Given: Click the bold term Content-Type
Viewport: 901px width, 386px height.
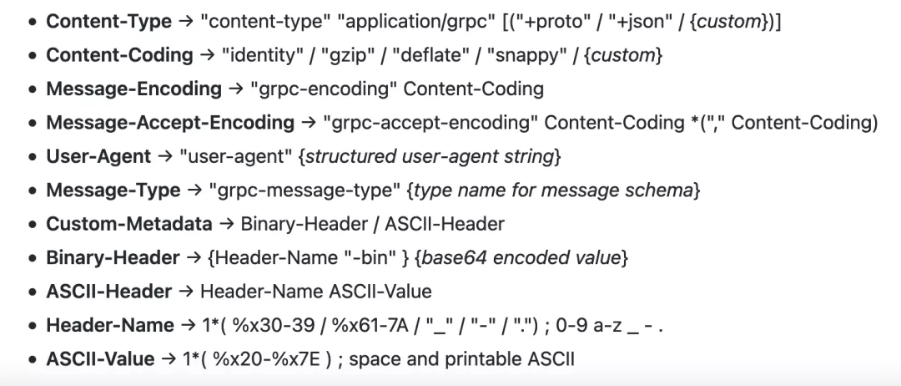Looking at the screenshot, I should pyautogui.click(x=108, y=22).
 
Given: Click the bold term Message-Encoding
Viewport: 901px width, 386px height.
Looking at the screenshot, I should pyautogui.click(x=133, y=89).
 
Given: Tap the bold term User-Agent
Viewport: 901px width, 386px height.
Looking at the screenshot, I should pyautogui.click(x=98, y=156).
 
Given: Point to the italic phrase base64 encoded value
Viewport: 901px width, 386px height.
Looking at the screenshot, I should pyautogui.click(x=521, y=258).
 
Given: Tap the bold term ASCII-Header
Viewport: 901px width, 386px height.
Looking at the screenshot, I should pyautogui.click(x=108, y=292).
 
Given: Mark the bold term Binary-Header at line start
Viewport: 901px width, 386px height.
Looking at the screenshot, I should pyautogui.click(x=113, y=258).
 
